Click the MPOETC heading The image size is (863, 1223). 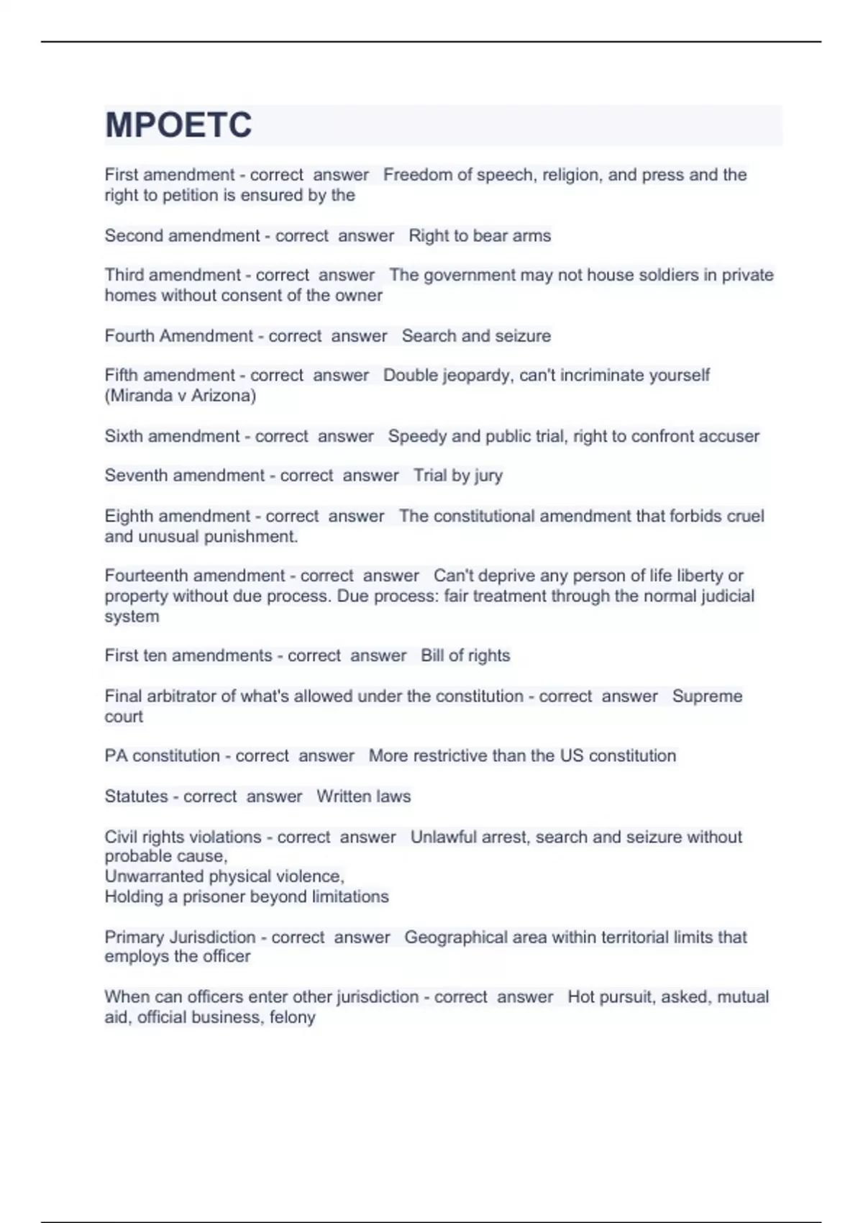178,125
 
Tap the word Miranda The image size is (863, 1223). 142,396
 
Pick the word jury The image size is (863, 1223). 488,476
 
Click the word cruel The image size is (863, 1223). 745,517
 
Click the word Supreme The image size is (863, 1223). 707,696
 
